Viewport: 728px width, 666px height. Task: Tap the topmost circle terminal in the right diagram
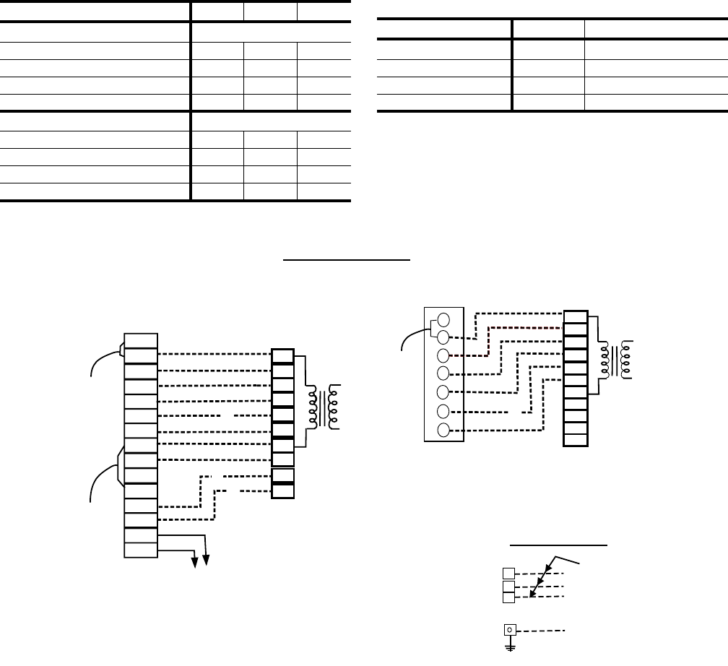(444, 319)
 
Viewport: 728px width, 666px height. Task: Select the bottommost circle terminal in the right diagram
(444, 431)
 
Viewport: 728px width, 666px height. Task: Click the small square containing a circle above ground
(510, 631)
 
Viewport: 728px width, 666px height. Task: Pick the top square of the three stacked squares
(509, 574)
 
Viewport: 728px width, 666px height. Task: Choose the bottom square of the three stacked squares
(509, 597)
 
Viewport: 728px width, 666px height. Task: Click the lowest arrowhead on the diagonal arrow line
(532, 594)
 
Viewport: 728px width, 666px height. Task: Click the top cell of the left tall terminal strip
(141, 340)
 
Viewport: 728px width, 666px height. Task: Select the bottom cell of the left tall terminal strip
(141, 550)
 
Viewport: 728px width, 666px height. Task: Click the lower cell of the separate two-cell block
(283, 491)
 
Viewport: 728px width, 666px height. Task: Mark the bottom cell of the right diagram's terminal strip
(575, 440)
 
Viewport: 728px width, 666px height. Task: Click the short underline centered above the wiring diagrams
(348, 256)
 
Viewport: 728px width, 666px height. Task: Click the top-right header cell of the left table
(324, 11)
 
